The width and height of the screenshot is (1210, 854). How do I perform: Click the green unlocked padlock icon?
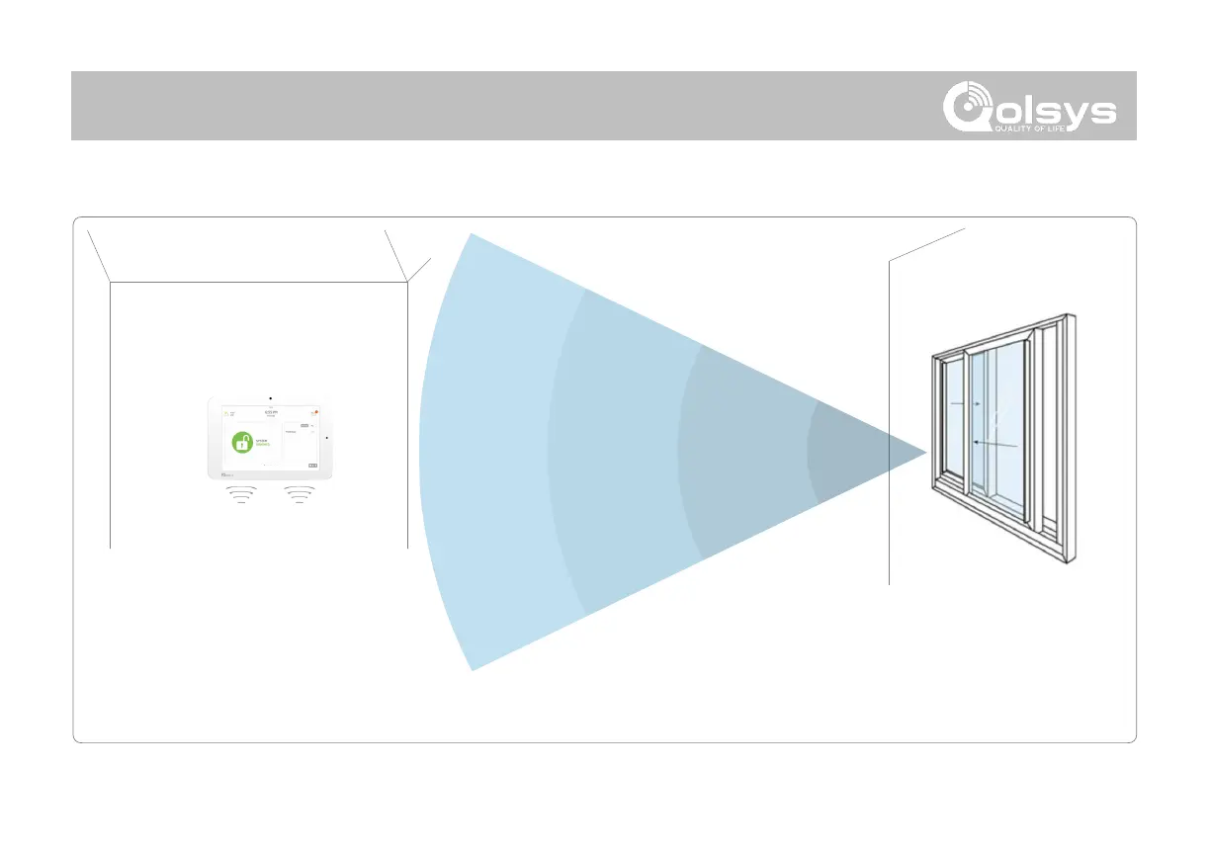(242, 443)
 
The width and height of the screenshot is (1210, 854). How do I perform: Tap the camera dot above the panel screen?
(270, 395)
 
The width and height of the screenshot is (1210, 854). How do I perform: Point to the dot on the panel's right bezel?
(327, 436)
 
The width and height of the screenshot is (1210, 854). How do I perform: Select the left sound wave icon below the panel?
(242, 493)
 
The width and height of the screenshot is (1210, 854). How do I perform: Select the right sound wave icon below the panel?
(299, 493)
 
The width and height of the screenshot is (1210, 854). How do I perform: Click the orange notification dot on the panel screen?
(317, 411)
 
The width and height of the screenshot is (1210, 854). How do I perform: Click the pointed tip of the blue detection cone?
(925, 453)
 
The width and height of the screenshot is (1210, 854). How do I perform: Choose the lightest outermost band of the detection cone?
(484, 453)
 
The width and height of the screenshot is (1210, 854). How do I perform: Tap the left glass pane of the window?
(953, 425)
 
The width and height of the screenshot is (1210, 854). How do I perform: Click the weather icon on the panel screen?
(226, 412)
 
